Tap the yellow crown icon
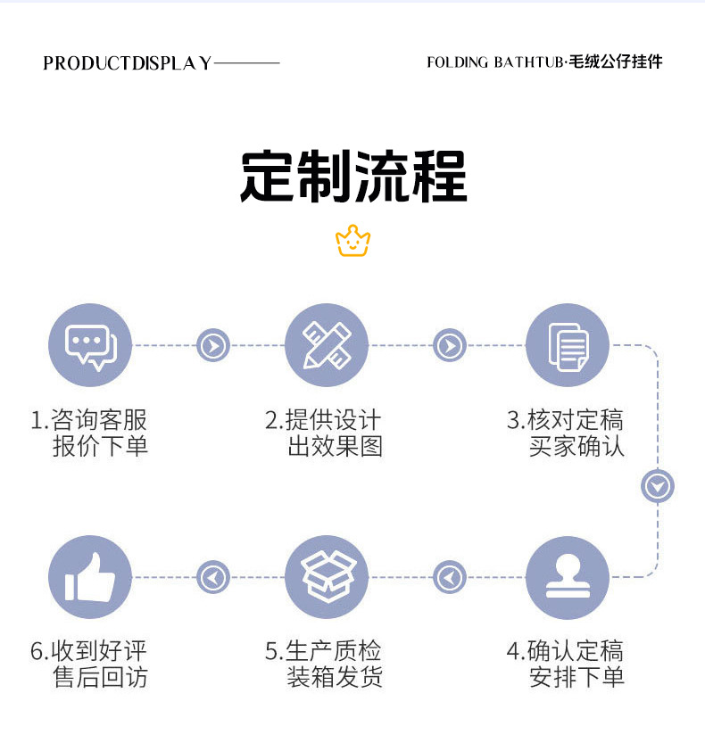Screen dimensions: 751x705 coord(353,241)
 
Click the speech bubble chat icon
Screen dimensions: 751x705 coord(90,345)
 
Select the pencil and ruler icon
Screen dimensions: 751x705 coord(327,345)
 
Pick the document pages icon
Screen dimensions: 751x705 coord(568,345)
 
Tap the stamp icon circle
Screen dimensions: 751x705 coord(568,577)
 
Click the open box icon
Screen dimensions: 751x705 coord(327,577)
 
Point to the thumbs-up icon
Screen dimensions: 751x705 coord(90,577)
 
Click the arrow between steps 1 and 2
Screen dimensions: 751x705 coord(213,345)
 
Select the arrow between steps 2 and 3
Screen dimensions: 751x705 coord(450,345)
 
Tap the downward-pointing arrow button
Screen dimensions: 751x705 coord(658,486)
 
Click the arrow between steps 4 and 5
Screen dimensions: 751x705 coord(450,577)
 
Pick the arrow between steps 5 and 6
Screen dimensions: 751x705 coord(213,577)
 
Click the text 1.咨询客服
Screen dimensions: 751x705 coord(89,420)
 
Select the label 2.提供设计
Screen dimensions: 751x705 coord(323,420)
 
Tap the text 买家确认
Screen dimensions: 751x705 coord(576,446)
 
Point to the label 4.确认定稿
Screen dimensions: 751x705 coord(565,651)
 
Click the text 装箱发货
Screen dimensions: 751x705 coord(335,677)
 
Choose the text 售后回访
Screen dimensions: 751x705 coord(101,677)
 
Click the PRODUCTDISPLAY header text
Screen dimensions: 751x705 coord(128,62)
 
